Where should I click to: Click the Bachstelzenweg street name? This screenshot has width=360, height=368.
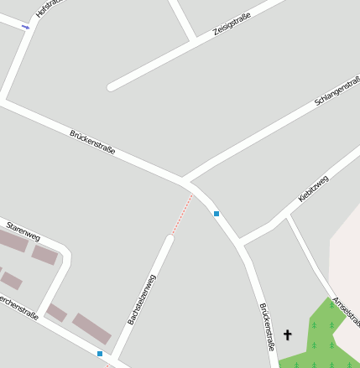point(142,299)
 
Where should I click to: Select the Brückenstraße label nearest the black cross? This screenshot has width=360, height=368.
point(268,327)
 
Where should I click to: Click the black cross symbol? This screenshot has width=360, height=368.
point(288,335)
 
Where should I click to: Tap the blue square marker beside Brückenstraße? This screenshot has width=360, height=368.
point(217,214)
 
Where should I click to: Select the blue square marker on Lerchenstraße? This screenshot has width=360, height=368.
point(100,354)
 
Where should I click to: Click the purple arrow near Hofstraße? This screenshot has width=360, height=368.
point(25,27)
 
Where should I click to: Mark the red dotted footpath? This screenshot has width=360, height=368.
point(181,215)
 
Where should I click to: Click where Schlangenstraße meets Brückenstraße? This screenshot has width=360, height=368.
point(184,179)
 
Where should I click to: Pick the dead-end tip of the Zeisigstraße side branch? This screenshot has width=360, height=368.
point(111,86)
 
